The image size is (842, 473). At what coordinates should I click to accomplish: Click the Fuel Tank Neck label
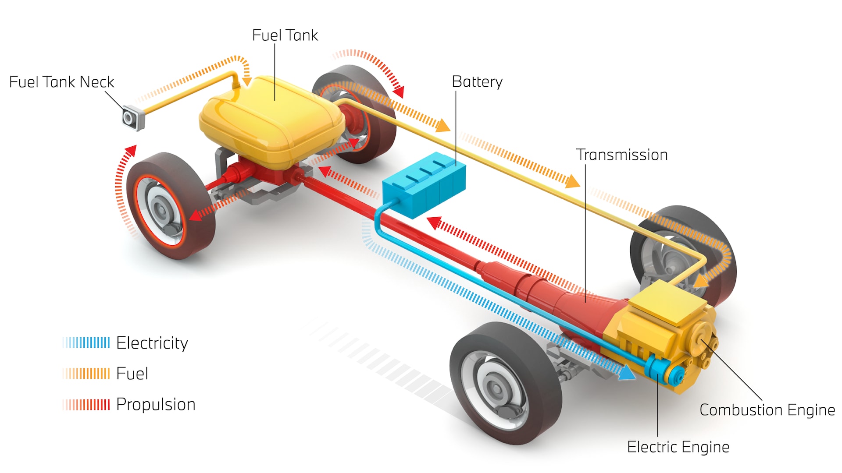click(x=61, y=82)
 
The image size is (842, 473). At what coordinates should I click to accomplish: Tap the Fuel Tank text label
click(x=285, y=35)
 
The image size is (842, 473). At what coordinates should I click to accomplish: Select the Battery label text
click(x=477, y=82)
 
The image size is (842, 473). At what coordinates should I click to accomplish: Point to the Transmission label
click(x=622, y=155)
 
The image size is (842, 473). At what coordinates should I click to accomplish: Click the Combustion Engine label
click(x=767, y=410)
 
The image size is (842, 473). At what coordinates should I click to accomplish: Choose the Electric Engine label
click(x=678, y=447)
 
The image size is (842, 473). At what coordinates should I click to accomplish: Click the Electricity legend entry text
click(x=152, y=343)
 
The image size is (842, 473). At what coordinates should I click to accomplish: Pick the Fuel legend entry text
click(x=132, y=374)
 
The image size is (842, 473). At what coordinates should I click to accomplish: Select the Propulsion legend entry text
click(x=156, y=404)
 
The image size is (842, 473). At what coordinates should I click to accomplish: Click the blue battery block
click(x=423, y=186)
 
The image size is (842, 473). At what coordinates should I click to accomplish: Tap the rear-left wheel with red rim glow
click(x=169, y=206)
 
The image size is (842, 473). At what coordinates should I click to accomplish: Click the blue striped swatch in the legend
click(x=87, y=342)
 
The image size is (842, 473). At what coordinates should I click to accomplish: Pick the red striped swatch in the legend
click(x=87, y=404)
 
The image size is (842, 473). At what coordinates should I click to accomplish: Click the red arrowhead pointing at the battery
click(x=434, y=222)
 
